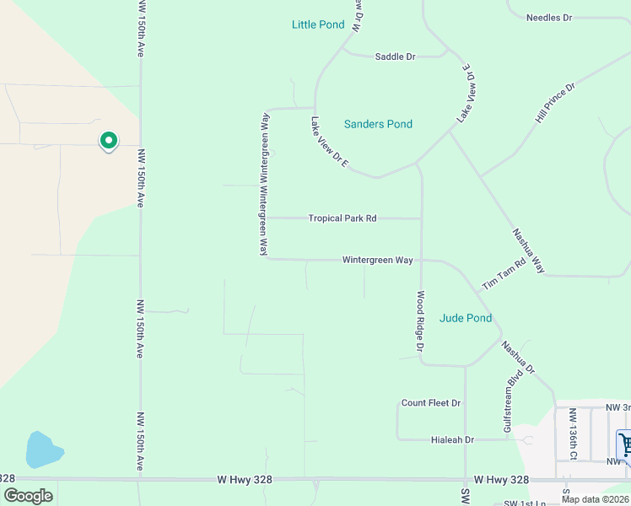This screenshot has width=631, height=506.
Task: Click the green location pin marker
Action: click(108, 141)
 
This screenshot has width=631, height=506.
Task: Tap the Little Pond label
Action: click(318, 24)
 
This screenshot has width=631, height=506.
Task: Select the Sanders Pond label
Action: click(378, 124)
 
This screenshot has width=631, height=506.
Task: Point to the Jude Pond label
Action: click(466, 318)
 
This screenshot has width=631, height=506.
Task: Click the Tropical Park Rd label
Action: click(342, 218)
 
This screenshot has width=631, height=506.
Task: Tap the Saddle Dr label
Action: click(396, 57)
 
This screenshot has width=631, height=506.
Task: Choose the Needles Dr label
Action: click(548, 17)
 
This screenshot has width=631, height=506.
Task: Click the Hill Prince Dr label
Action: click(554, 103)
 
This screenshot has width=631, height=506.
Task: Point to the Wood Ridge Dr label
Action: click(419, 322)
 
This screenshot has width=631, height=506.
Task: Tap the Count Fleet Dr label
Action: click(430, 403)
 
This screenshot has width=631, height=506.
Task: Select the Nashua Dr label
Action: click(517, 358)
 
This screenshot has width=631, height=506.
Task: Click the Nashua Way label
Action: click(529, 251)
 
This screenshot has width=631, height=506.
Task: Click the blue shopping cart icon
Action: click(625, 444)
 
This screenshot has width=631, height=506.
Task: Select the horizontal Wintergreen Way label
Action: click(377, 260)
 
